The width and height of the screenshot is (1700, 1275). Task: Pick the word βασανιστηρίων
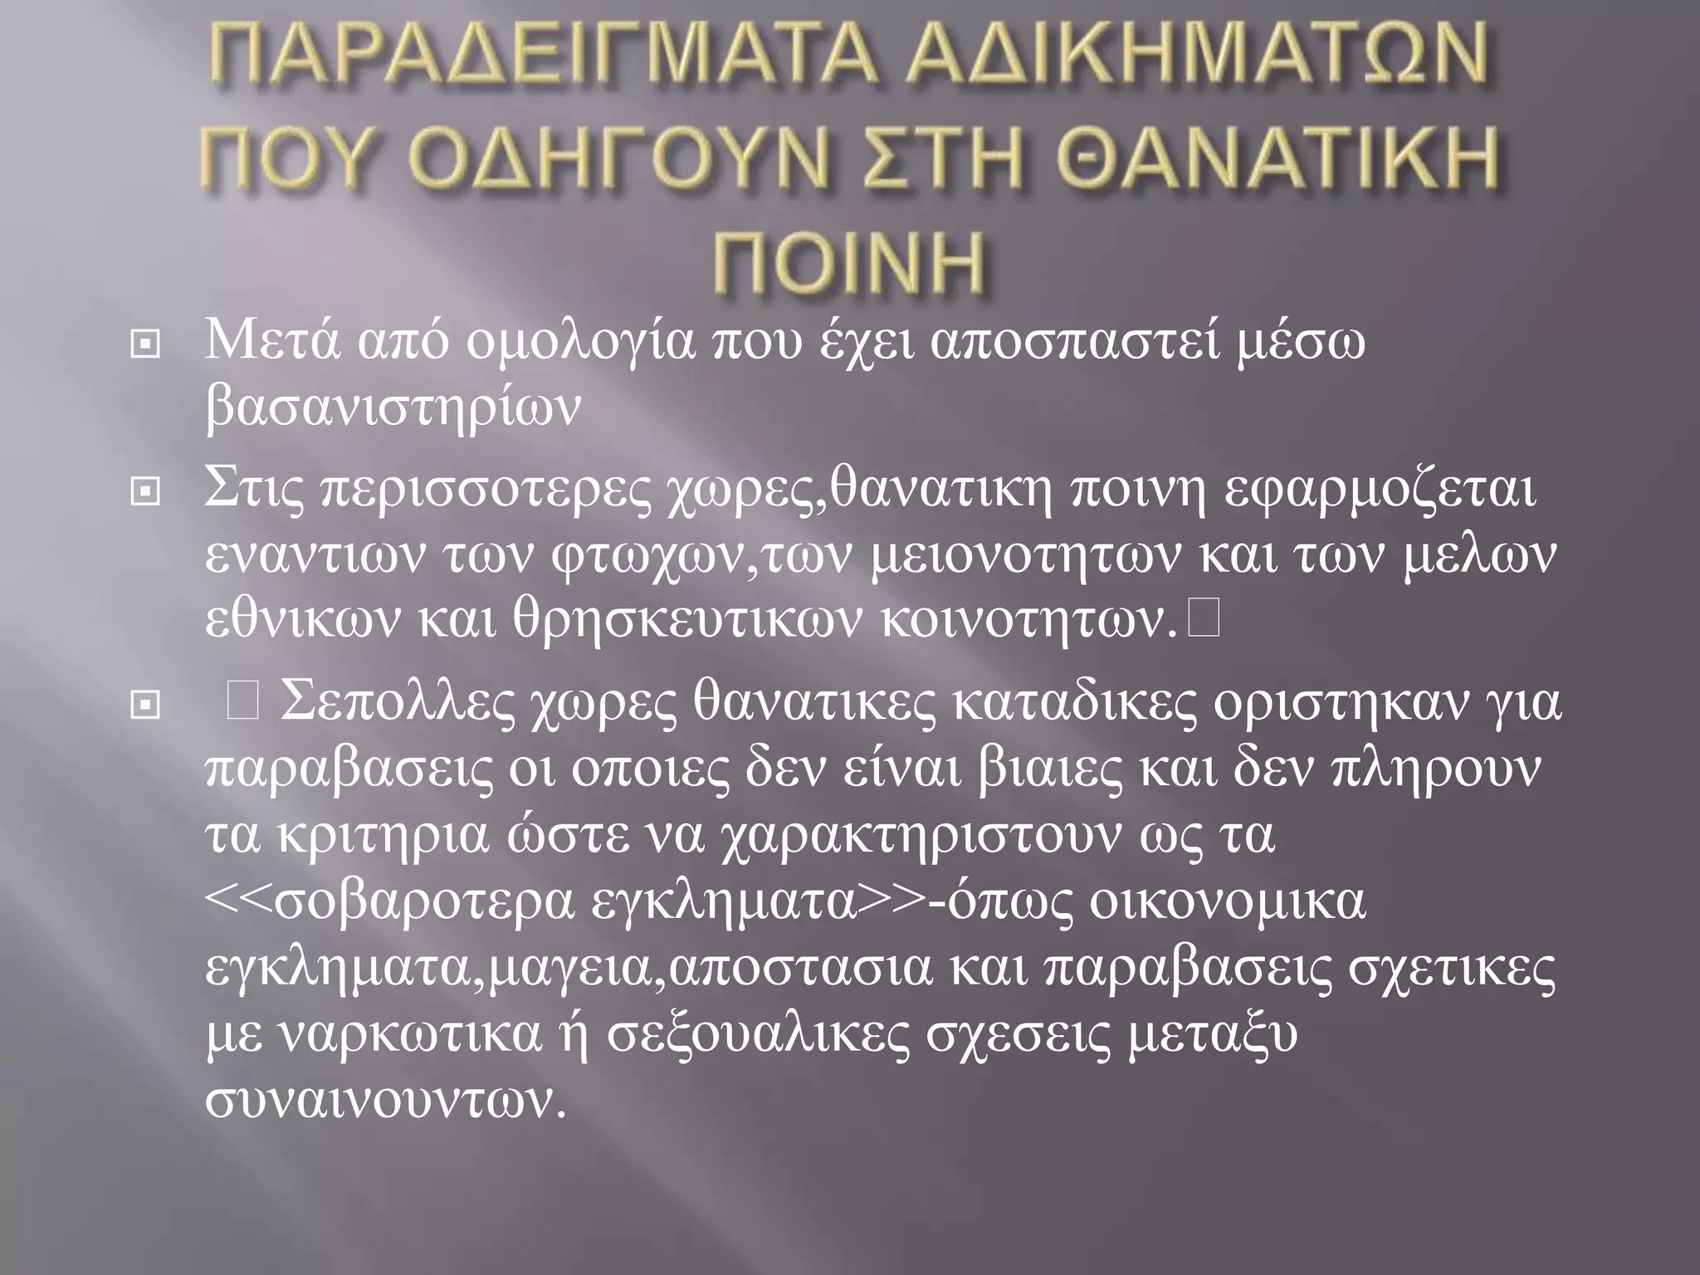point(391,407)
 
